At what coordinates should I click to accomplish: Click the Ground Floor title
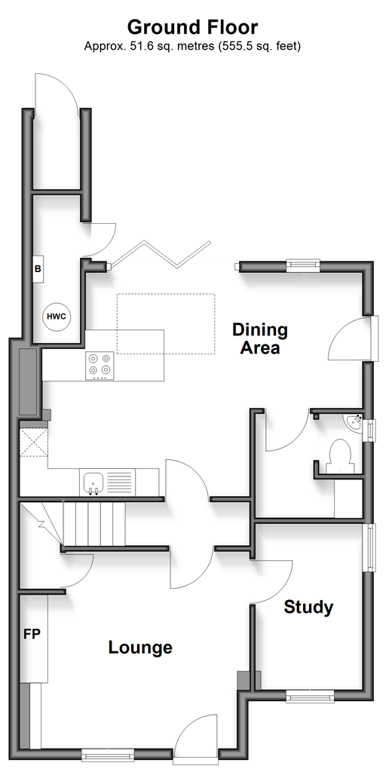193,26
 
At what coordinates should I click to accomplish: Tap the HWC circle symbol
56,317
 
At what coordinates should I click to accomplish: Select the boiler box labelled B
38,269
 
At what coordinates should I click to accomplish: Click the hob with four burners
100,366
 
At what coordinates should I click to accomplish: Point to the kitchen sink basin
93,482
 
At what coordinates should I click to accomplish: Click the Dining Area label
260,338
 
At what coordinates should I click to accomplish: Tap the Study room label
308,607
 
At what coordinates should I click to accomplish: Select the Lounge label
140,647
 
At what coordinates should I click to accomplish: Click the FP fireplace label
32,634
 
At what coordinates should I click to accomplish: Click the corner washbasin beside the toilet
354,421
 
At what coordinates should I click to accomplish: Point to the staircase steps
94,524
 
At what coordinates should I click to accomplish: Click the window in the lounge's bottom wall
108,754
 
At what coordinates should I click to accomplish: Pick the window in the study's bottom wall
310,697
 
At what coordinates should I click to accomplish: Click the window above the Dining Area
304,266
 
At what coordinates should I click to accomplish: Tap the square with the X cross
33,443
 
